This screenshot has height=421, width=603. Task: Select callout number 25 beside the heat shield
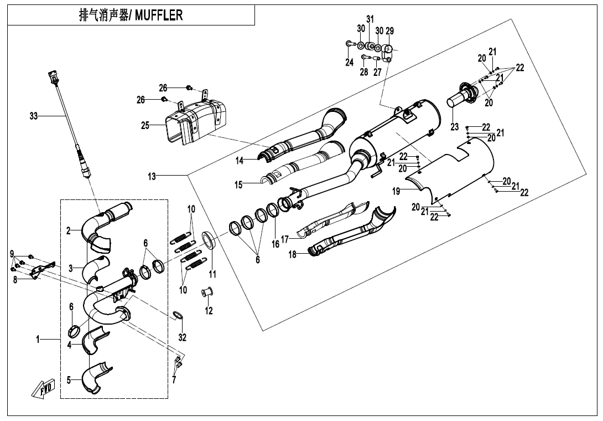pos(145,126)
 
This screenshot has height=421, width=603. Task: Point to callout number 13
pos(152,177)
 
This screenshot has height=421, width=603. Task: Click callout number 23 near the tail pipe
pos(455,127)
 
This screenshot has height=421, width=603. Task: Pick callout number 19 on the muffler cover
pos(396,191)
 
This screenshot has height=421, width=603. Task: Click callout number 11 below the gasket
pos(212,274)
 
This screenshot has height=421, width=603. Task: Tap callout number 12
pos(209,311)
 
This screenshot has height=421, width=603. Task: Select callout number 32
pos(183,337)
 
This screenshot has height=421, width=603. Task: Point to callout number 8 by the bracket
pos(15,280)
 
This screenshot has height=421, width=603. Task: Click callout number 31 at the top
pos(370,19)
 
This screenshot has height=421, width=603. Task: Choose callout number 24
pos(350,63)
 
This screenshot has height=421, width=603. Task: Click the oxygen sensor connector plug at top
pos(53,76)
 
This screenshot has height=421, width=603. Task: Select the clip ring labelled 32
pos(177,316)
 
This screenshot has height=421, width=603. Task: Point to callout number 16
pos(275,244)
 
